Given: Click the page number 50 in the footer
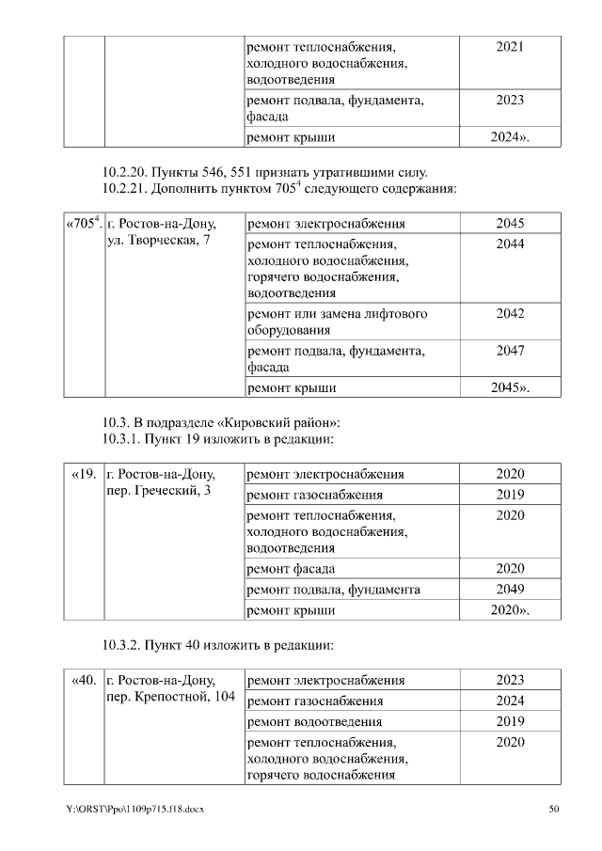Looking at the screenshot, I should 554,809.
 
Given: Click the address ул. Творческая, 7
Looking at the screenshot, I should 159,242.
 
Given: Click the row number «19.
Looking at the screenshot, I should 84,474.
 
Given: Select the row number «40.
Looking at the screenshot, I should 84,680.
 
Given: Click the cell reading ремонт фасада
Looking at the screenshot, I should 291,569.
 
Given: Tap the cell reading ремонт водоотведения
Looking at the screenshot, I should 313,722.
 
